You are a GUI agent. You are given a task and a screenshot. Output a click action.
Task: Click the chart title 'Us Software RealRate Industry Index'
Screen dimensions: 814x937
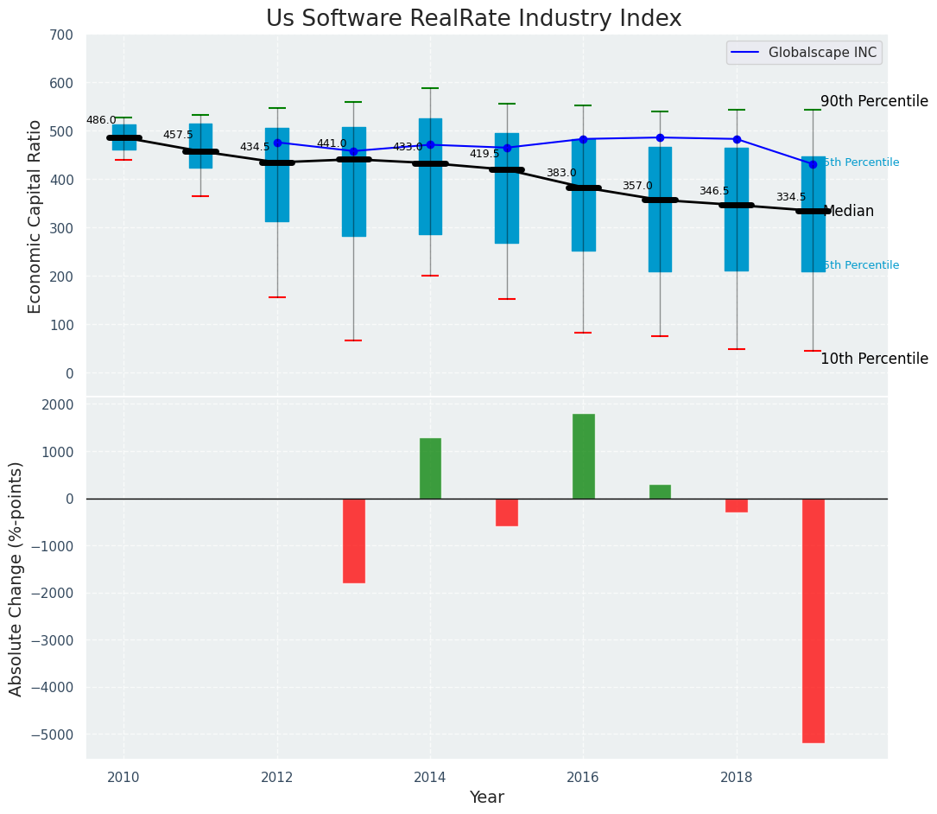click(473, 19)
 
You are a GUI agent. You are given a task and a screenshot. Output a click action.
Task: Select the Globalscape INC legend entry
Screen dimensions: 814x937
click(803, 53)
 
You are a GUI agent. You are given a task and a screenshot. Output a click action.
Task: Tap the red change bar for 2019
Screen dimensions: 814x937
click(813, 620)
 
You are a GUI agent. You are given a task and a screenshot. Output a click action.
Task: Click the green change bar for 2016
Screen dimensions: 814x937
click(583, 456)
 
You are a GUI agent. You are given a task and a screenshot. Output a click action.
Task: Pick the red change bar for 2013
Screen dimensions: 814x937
click(353, 540)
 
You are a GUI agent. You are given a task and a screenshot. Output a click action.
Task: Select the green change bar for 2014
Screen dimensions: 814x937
click(430, 468)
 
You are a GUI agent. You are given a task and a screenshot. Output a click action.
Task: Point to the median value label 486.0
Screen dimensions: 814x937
click(101, 121)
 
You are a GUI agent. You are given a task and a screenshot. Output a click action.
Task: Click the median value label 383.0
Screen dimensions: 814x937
click(561, 174)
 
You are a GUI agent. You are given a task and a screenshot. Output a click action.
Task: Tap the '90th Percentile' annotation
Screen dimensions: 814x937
click(874, 101)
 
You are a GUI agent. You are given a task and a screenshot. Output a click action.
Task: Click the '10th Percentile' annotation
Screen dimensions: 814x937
click(874, 359)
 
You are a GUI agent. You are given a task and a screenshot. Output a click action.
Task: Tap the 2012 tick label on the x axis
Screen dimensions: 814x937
click(276, 777)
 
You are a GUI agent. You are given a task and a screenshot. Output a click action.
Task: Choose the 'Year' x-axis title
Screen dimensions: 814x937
click(486, 798)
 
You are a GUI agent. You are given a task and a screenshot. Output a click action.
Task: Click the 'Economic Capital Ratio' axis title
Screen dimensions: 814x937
click(35, 216)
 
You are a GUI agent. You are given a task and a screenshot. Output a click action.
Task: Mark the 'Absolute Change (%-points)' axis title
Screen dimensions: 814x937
click(16, 578)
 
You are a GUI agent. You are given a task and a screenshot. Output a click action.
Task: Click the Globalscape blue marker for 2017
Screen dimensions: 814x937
click(660, 137)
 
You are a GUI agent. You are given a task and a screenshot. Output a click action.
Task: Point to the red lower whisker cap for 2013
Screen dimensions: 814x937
click(353, 340)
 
